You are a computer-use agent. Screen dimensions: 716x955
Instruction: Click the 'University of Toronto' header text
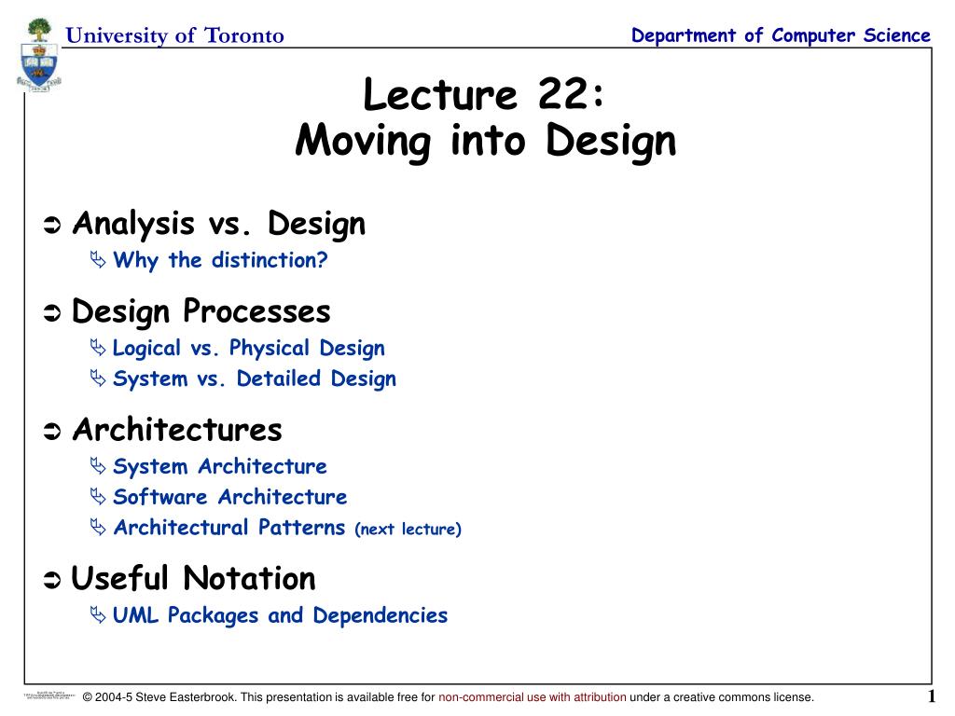pos(174,35)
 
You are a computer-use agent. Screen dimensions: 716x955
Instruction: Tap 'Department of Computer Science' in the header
pos(781,35)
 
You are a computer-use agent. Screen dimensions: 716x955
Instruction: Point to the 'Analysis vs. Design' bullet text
pos(218,224)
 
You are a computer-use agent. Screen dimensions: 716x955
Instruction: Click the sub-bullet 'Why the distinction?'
pos(220,260)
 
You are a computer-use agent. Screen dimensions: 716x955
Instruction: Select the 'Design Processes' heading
pos(201,310)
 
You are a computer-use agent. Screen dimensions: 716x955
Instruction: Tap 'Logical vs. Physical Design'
pos(248,349)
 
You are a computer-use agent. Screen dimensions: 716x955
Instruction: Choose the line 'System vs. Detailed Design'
pos(254,379)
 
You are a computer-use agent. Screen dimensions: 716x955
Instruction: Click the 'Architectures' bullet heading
pos(176,430)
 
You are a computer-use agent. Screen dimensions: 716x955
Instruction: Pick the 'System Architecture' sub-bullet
pos(219,466)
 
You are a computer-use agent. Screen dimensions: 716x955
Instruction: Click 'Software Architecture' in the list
pos(229,497)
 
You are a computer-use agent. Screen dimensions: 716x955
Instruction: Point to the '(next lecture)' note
pos(408,530)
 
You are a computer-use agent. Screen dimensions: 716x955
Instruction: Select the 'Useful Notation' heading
pos(193,578)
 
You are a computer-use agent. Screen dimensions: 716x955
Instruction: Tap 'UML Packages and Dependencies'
pos(280,615)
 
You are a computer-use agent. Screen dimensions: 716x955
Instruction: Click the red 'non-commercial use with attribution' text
pos(533,697)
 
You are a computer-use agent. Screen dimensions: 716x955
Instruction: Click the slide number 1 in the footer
pos(931,697)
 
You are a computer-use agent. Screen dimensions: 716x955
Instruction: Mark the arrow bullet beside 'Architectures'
pos(52,432)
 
